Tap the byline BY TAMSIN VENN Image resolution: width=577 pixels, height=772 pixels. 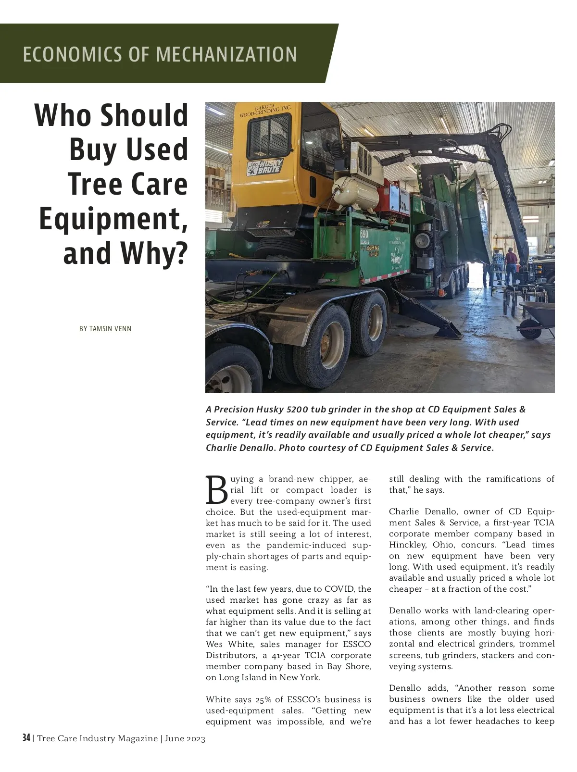pyautogui.click(x=105, y=329)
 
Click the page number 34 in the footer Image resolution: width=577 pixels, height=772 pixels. pyautogui.click(x=26, y=738)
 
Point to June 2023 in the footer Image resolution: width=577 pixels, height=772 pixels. pyautogui.click(x=185, y=739)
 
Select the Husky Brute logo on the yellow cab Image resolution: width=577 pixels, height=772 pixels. pyautogui.click(x=265, y=167)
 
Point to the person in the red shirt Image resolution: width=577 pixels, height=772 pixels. pyautogui.click(x=510, y=262)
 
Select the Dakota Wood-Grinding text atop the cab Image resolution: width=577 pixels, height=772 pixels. pyautogui.click(x=266, y=110)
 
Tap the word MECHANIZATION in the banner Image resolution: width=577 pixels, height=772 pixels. pyautogui.click(x=226, y=54)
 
